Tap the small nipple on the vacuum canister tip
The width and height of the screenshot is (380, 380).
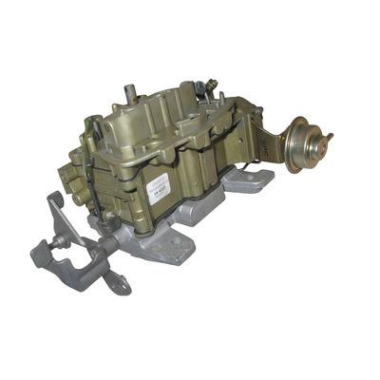pyautogui.click(x=331, y=140)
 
